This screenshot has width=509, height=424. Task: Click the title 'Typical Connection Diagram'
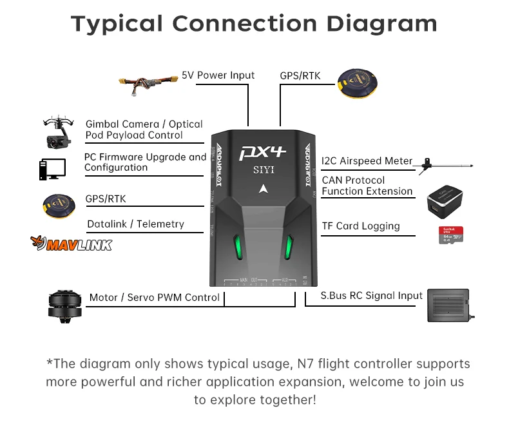coord(254,24)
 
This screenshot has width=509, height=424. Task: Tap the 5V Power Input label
coord(218,75)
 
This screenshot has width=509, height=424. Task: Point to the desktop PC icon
coord(52,169)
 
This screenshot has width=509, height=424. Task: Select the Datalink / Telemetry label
coord(135,224)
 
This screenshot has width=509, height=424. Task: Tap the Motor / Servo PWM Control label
coord(155,298)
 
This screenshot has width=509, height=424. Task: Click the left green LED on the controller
coord(238,246)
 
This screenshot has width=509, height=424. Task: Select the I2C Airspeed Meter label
coord(367,161)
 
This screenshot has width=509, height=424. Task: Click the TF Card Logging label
coord(361,226)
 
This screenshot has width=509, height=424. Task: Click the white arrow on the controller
coord(262,189)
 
